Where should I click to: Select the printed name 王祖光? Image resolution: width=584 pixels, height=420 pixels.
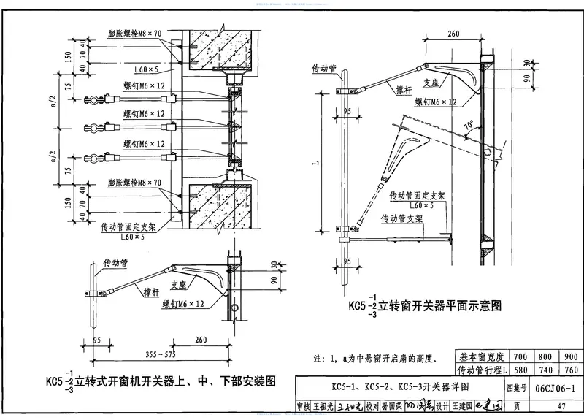coord(322,406)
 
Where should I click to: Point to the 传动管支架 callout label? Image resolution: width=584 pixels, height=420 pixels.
coord(405,218)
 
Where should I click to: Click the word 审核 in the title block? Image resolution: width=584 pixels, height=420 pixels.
coord(302,406)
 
